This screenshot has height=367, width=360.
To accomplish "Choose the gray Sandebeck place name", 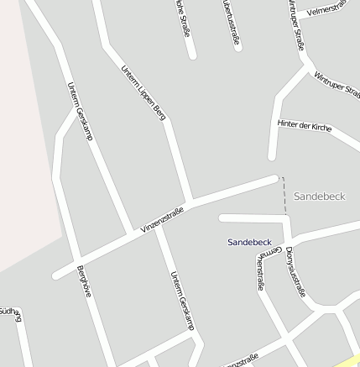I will click(320, 196).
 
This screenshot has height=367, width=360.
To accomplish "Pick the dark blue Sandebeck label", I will click(249, 242).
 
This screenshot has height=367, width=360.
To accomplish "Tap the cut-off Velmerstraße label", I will click(328, 10).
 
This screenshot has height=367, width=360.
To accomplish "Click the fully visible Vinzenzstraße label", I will click(162, 220).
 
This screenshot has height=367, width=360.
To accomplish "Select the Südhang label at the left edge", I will click(10, 314).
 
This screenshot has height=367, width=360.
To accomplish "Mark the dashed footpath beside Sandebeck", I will click(284, 194).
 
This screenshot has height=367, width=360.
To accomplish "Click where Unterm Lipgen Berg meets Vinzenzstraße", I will click(190, 202).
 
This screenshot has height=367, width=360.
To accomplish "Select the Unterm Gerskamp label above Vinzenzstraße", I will click(78, 111).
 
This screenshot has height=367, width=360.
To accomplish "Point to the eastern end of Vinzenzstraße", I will click(274, 178).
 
